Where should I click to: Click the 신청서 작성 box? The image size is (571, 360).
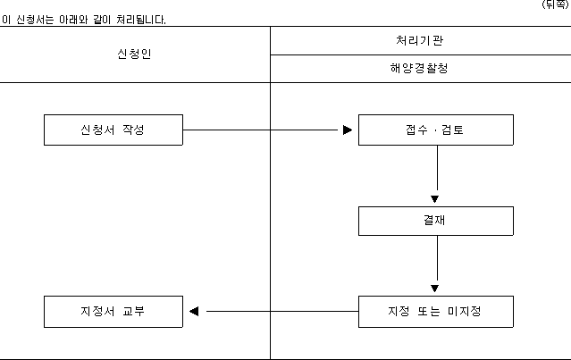[113, 130]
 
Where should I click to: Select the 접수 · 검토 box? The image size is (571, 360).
[436, 130]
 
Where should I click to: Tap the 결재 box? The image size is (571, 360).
[436, 221]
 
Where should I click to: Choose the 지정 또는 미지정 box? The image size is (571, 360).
[436, 312]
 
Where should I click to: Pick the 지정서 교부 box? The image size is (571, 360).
[113, 312]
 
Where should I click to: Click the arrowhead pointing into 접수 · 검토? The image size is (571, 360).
[348, 130]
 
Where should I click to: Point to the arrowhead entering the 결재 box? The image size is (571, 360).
[434, 198]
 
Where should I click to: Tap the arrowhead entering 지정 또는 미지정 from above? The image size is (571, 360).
[434, 289]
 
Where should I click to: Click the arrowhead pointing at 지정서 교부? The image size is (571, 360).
[194, 311]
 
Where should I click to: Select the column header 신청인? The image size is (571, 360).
[134, 54]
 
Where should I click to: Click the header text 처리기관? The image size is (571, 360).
[419, 40]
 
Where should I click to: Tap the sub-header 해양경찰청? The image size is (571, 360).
[419, 68]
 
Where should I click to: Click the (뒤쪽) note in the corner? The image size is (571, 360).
[555, 4]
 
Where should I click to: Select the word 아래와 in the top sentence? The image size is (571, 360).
[73, 20]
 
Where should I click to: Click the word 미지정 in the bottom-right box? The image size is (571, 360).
[465, 311]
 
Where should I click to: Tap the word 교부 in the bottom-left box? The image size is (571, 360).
[134, 311]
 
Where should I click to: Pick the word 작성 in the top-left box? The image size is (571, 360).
[133, 130]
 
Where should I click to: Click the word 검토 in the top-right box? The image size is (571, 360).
[452, 130]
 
